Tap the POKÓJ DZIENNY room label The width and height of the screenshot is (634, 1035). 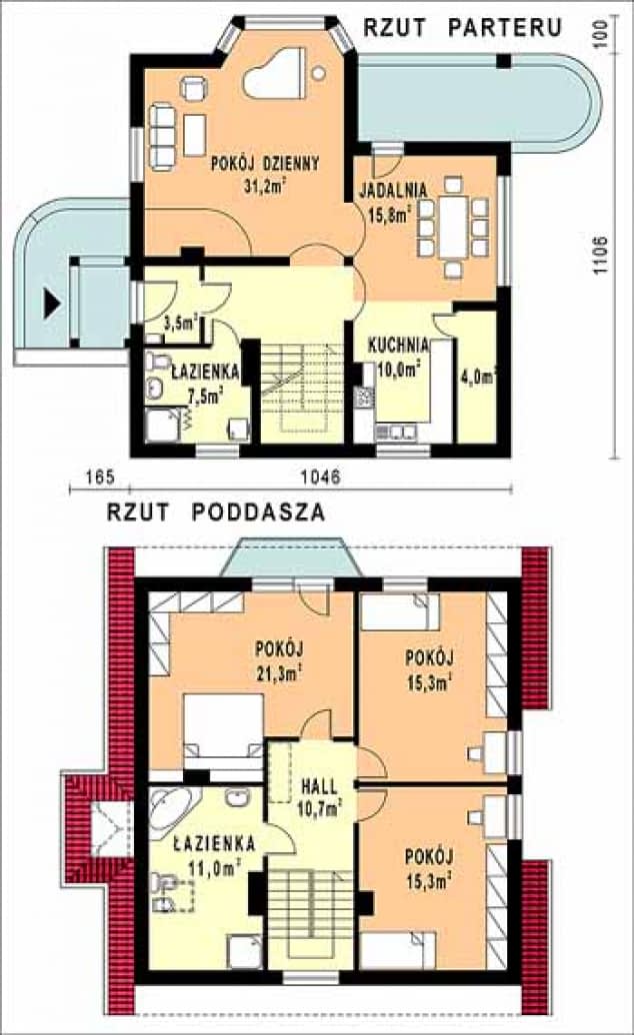coord(265,163)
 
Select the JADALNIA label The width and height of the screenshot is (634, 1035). coord(393,190)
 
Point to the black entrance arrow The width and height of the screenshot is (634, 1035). coord(52,305)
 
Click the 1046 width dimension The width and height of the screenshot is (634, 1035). coord(321,477)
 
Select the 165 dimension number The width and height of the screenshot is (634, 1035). coord(100,477)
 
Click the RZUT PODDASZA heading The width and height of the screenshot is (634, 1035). coord(216,513)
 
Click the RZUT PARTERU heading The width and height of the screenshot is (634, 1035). coord(462,27)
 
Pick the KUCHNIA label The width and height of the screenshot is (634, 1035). coord(398,346)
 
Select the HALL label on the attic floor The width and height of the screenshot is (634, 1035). coord(319,787)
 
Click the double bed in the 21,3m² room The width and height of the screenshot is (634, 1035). coord(223,728)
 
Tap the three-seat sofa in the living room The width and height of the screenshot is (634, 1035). coord(163,135)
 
